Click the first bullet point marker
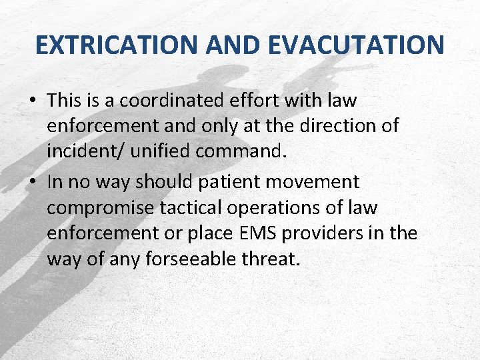click(32, 101)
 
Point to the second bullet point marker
click(32, 182)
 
